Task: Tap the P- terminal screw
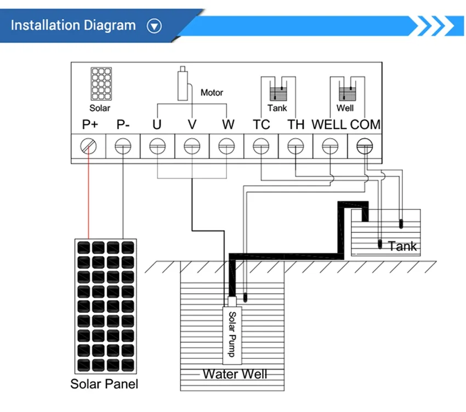point(123,146)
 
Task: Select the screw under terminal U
point(157,146)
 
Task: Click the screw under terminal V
point(192,146)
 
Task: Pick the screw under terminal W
point(226,146)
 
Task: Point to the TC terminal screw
point(261,146)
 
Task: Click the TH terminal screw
point(295,146)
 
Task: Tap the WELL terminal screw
point(329,146)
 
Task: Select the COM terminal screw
point(364,146)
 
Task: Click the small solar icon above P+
point(101,84)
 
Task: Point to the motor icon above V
point(183,83)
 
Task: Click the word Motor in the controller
point(212,93)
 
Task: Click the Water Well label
point(235,374)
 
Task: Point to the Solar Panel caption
point(104,384)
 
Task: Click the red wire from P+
point(88,197)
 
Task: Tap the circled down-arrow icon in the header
point(155,26)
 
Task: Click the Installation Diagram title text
point(73,25)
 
